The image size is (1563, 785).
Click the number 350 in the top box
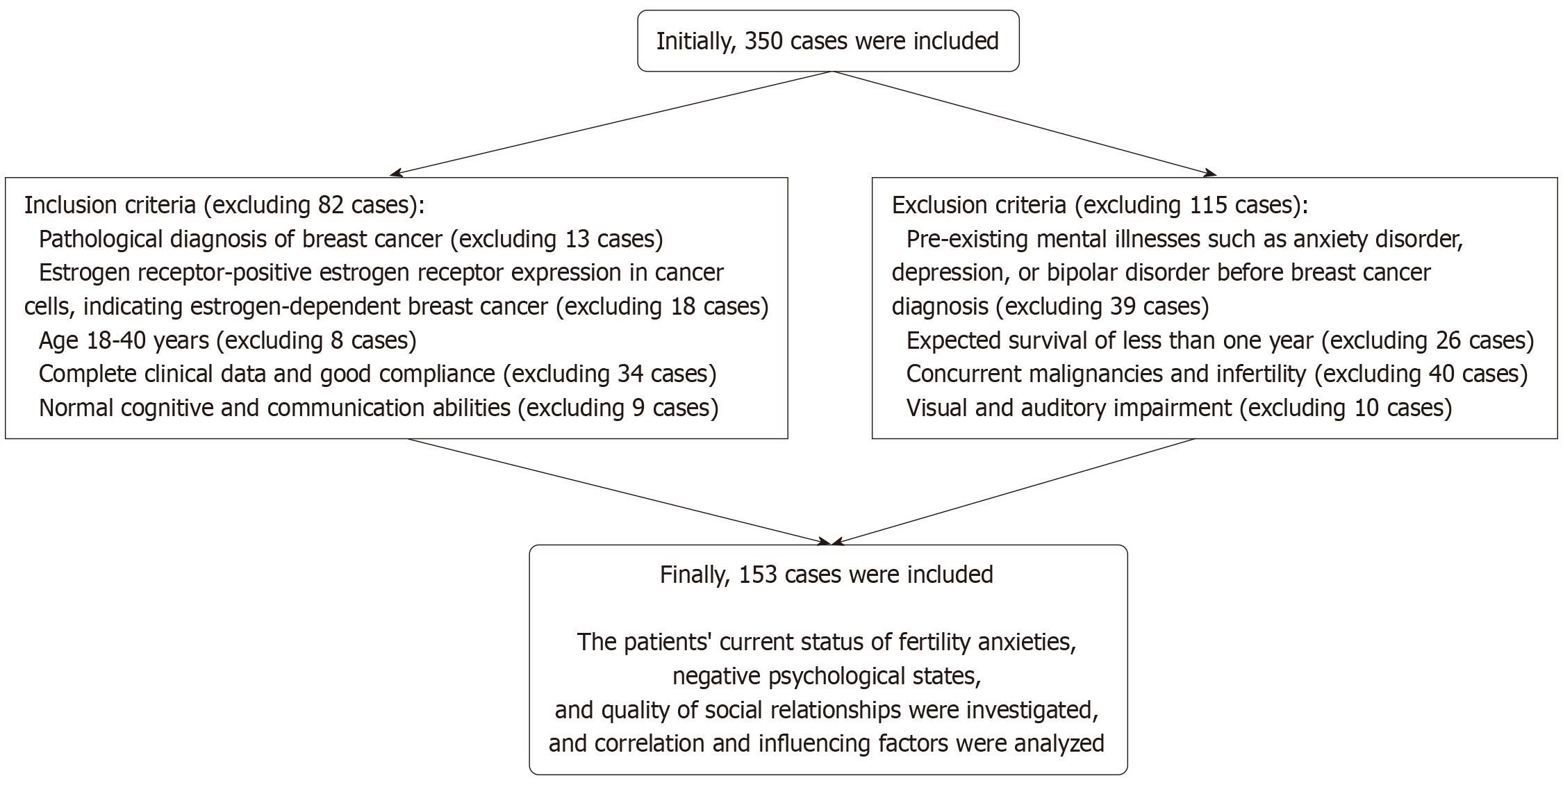tap(764, 41)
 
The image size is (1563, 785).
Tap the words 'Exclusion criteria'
tap(979, 205)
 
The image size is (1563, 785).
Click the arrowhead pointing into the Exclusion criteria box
tap(1210, 173)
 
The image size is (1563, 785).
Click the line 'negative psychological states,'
tap(827, 676)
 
